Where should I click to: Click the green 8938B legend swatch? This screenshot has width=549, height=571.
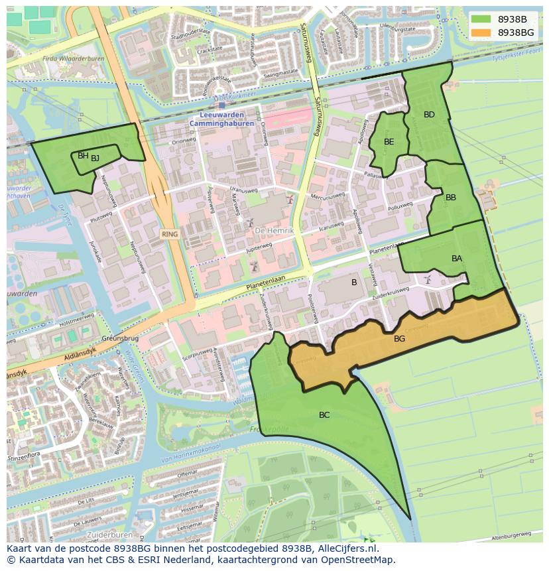481,19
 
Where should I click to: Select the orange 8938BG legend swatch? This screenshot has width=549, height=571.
481,32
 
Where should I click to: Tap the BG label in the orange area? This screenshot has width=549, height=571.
399,339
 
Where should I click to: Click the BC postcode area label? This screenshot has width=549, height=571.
324,415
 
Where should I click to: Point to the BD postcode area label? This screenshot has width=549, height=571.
429,115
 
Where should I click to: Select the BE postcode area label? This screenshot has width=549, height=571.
389,141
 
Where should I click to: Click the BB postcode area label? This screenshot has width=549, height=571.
451,198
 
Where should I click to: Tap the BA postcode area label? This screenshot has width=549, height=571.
457,259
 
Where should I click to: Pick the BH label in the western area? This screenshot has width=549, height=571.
83,156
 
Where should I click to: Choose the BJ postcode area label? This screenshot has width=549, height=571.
95,158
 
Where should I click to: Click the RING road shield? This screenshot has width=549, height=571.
169,234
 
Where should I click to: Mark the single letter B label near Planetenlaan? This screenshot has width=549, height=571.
354,283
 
